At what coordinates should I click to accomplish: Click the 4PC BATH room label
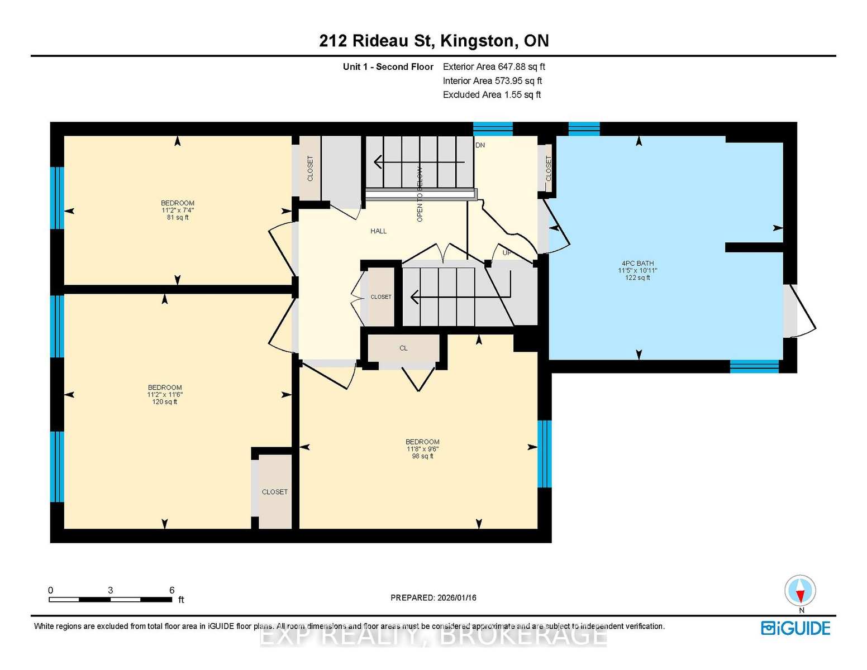[637, 263]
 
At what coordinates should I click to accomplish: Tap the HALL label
[378, 231]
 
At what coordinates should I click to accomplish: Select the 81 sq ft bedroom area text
[178, 218]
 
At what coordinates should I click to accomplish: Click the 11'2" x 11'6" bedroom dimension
[165, 395]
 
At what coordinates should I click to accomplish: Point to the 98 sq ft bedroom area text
[422, 456]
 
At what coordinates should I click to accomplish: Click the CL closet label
[403, 348]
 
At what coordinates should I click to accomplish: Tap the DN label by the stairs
[480, 145]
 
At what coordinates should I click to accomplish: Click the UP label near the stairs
[507, 253]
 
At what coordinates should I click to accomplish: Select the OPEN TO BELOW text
[420, 194]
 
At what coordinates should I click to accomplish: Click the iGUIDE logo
[795, 628]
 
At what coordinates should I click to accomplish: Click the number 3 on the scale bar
[111, 590]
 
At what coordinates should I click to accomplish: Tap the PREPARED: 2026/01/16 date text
[433, 597]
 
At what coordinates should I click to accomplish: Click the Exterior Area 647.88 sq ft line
[494, 66]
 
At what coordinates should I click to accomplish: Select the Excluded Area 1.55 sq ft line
[492, 94]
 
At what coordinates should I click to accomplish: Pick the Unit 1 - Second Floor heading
[388, 66]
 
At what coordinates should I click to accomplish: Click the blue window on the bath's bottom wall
[754, 366]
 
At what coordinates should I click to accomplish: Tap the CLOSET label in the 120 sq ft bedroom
[274, 492]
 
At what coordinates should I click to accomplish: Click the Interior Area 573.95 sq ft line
[492, 80]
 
